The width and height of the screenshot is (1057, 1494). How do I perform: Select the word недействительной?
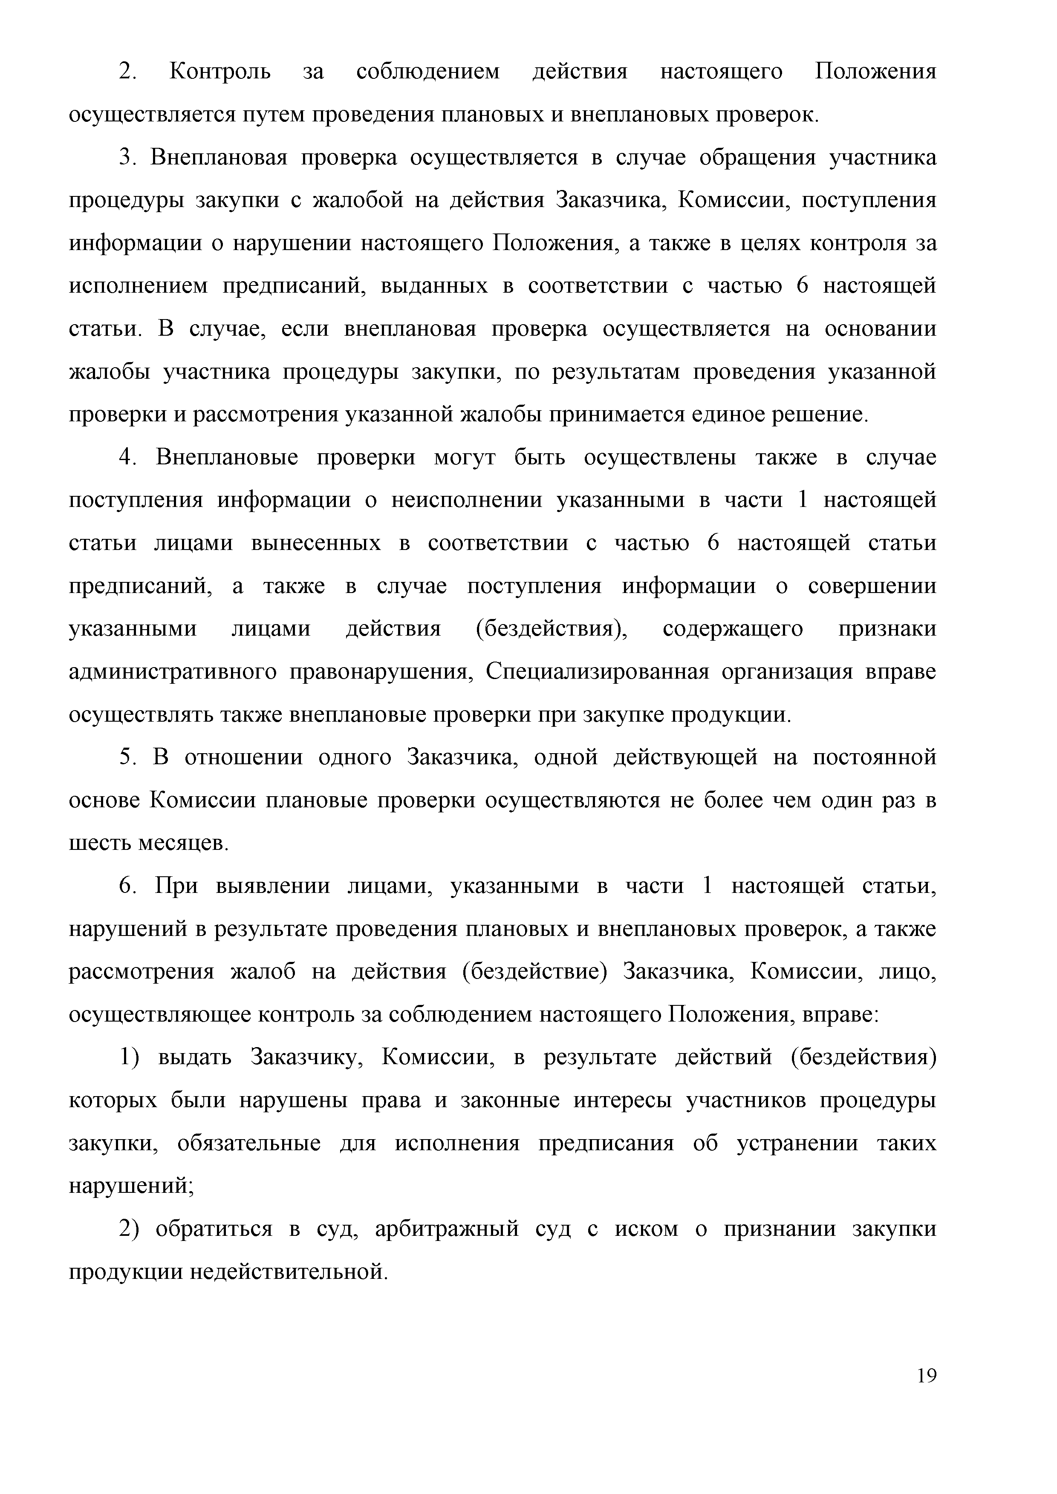[x=289, y=1272]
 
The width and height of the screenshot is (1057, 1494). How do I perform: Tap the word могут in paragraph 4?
[x=465, y=458]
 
